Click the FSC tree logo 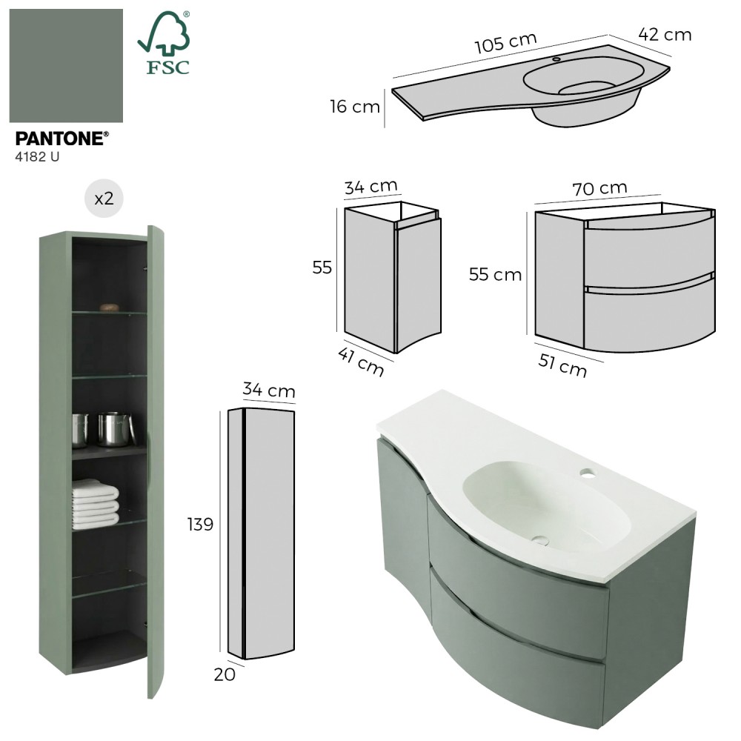click(164, 42)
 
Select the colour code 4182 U click(37, 157)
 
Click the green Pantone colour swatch click(66, 66)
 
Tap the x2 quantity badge click(104, 199)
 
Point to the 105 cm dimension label click(505, 43)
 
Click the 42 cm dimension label click(665, 35)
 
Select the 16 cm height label click(355, 106)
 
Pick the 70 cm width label click(599, 188)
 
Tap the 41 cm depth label click(361, 362)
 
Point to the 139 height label click(200, 524)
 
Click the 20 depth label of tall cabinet click(225, 674)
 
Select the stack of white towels click(95, 504)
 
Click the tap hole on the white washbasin click(588, 471)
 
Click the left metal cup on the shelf click(80, 431)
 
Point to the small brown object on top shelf click(109, 308)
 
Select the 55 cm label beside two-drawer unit click(495, 275)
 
